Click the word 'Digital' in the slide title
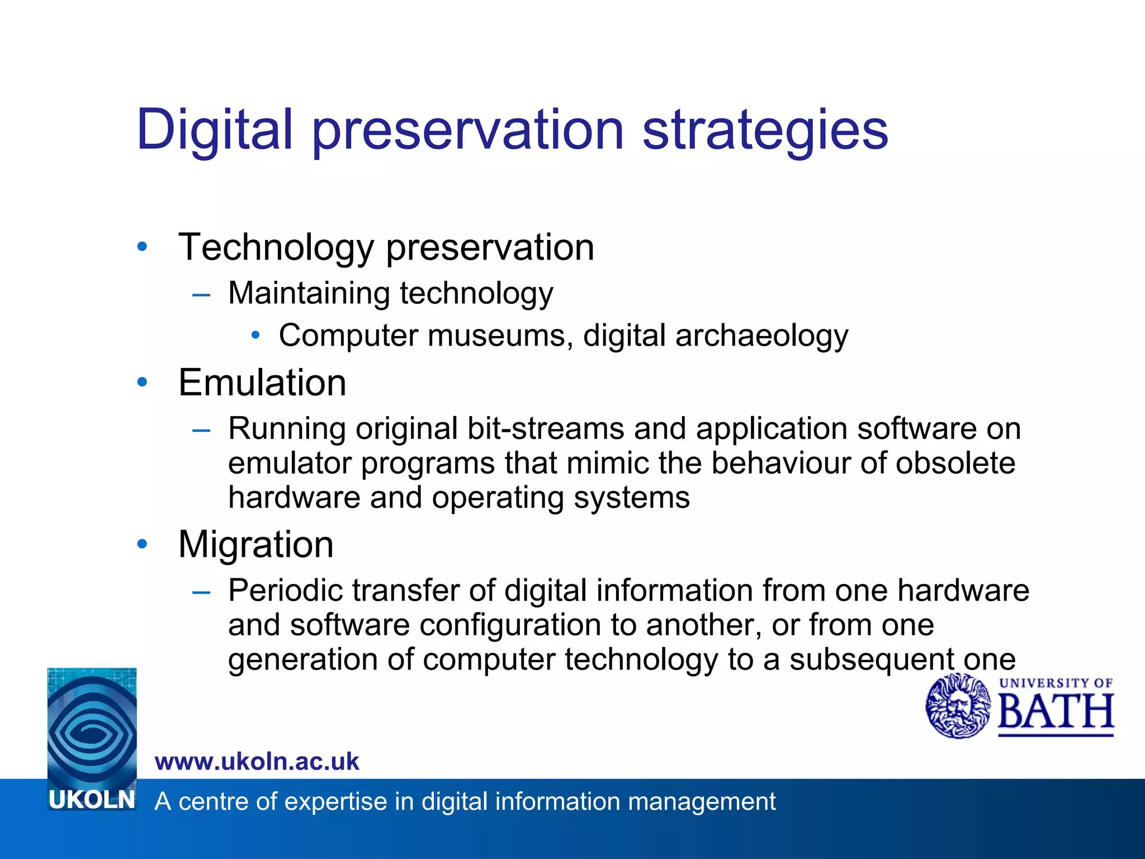pyautogui.click(x=214, y=130)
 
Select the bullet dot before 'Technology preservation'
pyautogui.click(x=142, y=247)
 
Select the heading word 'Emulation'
pyautogui.click(x=262, y=383)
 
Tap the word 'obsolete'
pyautogui.click(x=955, y=463)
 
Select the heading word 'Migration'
pyautogui.click(x=256, y=545)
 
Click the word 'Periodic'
pyautogui.click(x=285, y=591)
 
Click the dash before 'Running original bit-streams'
pyautogui.click(x=201, y=430)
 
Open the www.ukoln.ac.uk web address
pyautogui.click(x=257, y=762)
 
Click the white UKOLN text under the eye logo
pyautogui.click(x=92, y=800)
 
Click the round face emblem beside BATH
pyautogui.click(x=958, y=706)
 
